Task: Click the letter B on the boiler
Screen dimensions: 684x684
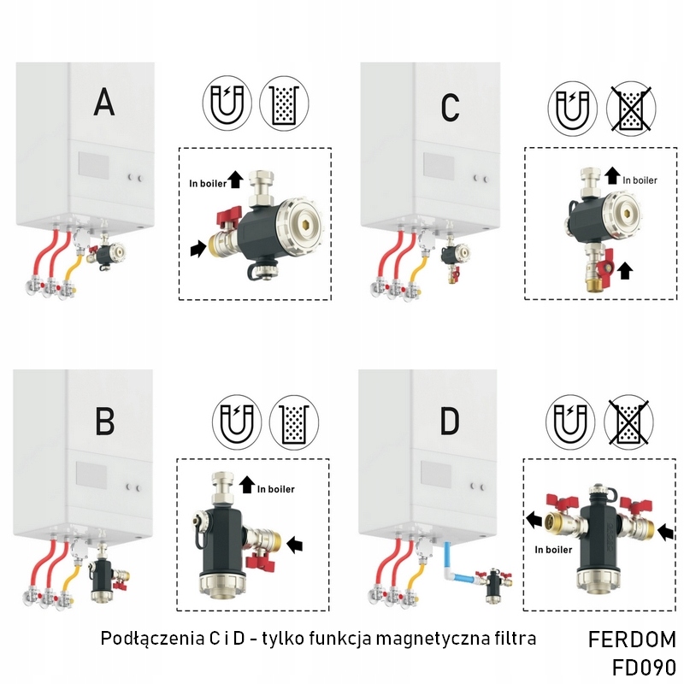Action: tap(105, 421)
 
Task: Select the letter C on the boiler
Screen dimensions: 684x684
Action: tap(450, 107)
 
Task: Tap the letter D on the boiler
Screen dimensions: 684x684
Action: tap(451, 421)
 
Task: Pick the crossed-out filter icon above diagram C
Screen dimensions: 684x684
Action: tap(630, 110)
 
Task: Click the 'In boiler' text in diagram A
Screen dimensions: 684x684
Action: tap(209, 183)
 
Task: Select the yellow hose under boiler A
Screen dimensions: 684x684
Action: tap(74, 256)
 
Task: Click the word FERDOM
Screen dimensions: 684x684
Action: tap(632, 640)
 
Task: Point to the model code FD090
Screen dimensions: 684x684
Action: tap(643, 667)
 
